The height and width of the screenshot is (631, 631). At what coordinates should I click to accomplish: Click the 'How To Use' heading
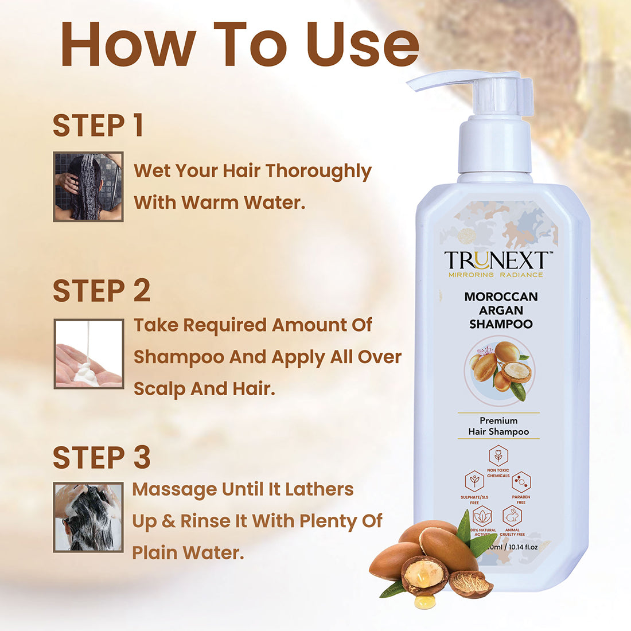tap(240, 44)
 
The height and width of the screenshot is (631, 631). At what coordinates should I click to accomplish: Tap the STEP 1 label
tap(98, 126)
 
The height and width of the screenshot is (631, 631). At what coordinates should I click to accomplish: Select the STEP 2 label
tap(102, 291)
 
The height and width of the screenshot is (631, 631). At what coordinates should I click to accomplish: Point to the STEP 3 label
tap(102, 457)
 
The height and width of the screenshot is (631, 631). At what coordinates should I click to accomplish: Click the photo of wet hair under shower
tap(88, 186)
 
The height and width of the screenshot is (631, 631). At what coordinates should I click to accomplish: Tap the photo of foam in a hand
tap(89, 354)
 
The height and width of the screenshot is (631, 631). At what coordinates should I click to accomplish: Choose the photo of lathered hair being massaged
tap(88, 517)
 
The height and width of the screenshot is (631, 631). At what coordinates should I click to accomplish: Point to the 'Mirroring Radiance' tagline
tap(496, 275)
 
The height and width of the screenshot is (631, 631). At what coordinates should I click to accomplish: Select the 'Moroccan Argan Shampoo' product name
tap(501, 310)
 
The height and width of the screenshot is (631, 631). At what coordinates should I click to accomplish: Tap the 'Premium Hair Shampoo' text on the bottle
tap(498, 426)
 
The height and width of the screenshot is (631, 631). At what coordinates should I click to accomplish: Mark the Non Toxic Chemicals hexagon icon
tap(498, 456)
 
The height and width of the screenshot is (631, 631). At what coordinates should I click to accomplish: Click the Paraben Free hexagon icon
tap(520, 481)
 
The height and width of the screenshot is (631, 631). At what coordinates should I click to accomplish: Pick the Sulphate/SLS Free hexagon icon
tap(474, 480)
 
